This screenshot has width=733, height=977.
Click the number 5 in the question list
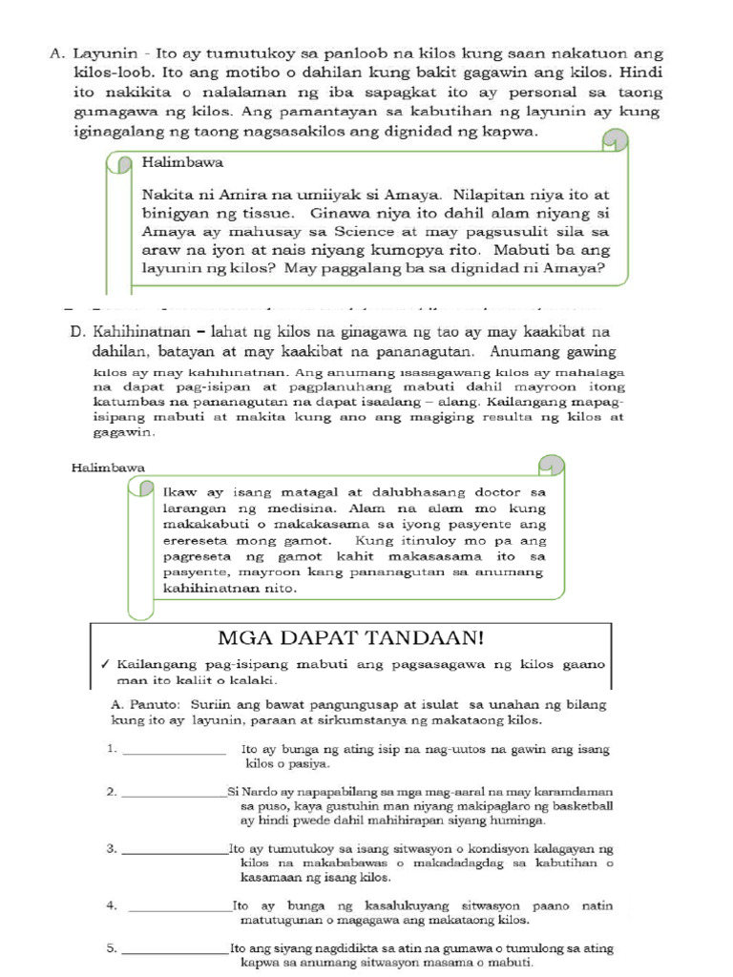coord(112,948)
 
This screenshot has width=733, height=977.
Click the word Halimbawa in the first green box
coord(182,163)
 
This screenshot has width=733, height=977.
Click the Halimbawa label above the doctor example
coord(108,468)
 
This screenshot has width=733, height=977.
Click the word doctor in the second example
coord(499,492)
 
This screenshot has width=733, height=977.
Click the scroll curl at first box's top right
coord(616,142)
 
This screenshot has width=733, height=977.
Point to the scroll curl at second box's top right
coord(552,465)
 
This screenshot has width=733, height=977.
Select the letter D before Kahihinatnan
coord(76,331)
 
